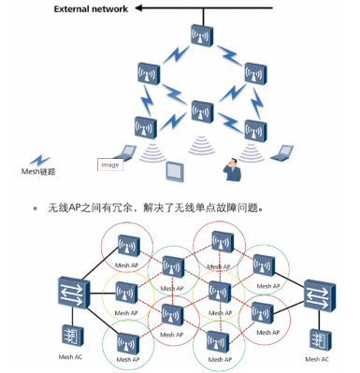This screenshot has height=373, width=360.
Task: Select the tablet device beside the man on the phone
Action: [x=175, y=170]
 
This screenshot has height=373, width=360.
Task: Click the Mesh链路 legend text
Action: [x=39, y=171]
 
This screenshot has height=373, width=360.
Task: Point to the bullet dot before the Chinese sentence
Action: [x=35, y=208]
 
